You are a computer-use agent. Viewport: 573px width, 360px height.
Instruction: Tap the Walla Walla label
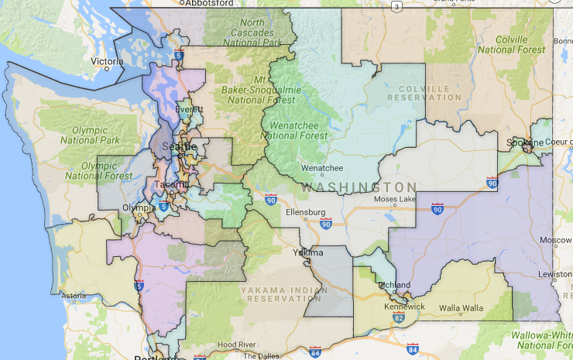coord(460,307)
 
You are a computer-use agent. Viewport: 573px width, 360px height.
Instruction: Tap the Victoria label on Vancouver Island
coord(107,61)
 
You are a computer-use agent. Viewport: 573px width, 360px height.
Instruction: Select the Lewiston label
coord(557,274)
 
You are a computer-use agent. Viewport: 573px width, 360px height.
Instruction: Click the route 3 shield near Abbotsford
coord(397,6)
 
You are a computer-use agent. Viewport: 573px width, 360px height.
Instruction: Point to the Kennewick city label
coord(405,307)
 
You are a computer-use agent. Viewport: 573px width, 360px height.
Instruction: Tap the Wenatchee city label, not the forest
coord(322,167)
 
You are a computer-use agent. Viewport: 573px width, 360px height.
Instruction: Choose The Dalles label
coord(259,355)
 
